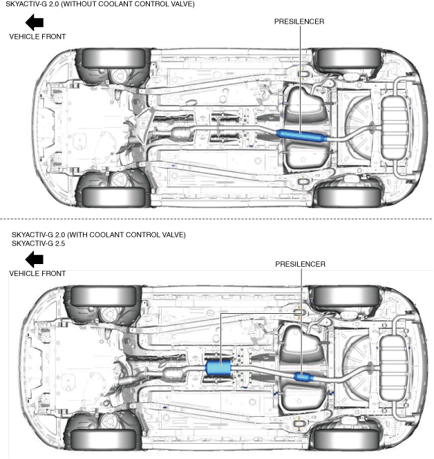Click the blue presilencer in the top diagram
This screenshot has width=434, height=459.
click(x=301, y=135)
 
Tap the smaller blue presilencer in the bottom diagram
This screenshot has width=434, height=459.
click(x=303, y=377)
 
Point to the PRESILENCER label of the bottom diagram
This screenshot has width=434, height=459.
click(x=300, y=264)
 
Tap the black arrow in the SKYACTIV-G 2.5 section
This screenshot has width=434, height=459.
click(x=34, y=259)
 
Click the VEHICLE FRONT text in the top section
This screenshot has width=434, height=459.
click(x=37, y=37)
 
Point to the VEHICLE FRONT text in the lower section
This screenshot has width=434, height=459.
click(x=37, y=274)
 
